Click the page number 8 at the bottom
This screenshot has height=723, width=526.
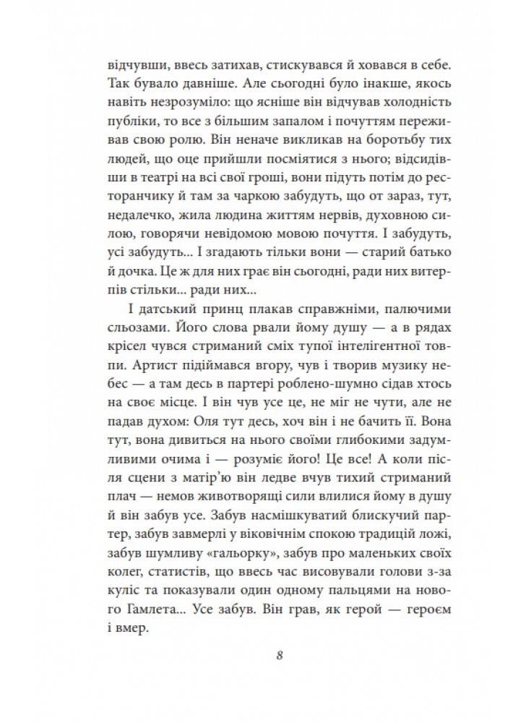tap(278, 656)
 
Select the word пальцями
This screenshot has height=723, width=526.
tap(342, 592)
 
